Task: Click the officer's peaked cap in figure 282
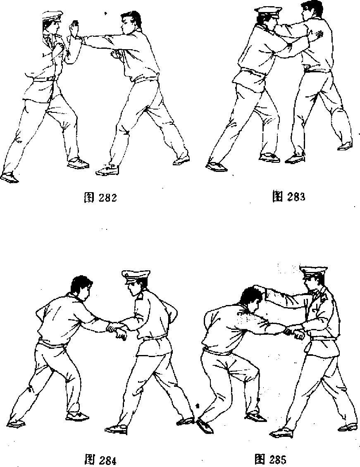click(x=52, y=16)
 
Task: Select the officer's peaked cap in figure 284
click(x=136, y=276)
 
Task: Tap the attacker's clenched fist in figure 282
click(x=115, y=54)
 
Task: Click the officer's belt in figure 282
click(x=45, y=79)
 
